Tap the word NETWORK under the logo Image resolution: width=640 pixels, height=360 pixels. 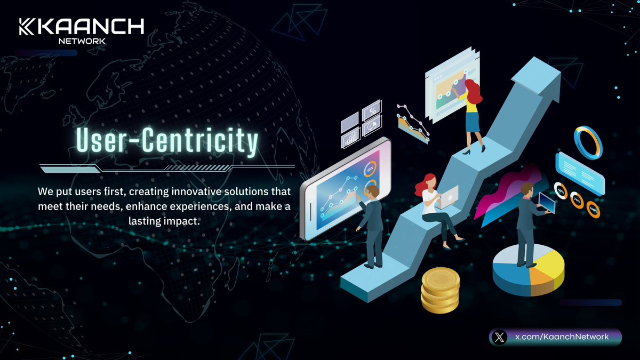click(x=82, y=41)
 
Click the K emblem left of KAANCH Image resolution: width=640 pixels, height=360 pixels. click(x=27, y=27)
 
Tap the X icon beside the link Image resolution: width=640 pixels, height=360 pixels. click(x=499, y=337)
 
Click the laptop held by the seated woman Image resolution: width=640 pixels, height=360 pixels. click(x=448, y=196)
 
